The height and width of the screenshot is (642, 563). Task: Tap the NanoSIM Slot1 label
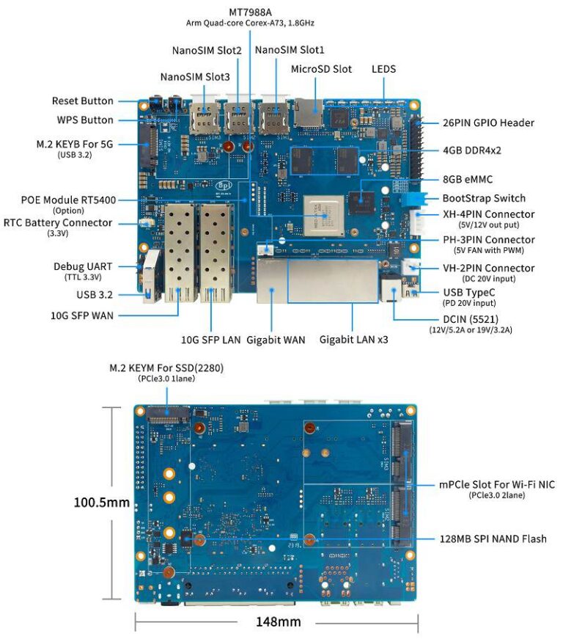click(290, 49)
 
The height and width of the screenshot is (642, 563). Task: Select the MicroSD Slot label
click(321, 69)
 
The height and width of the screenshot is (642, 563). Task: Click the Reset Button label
click(82, 101)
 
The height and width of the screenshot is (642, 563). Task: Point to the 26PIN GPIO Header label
click(488, 123)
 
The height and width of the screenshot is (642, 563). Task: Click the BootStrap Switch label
click(484, 198)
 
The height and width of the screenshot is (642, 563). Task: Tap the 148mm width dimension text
click(278, 621)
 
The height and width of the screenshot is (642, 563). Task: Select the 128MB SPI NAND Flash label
click(493, 539)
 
